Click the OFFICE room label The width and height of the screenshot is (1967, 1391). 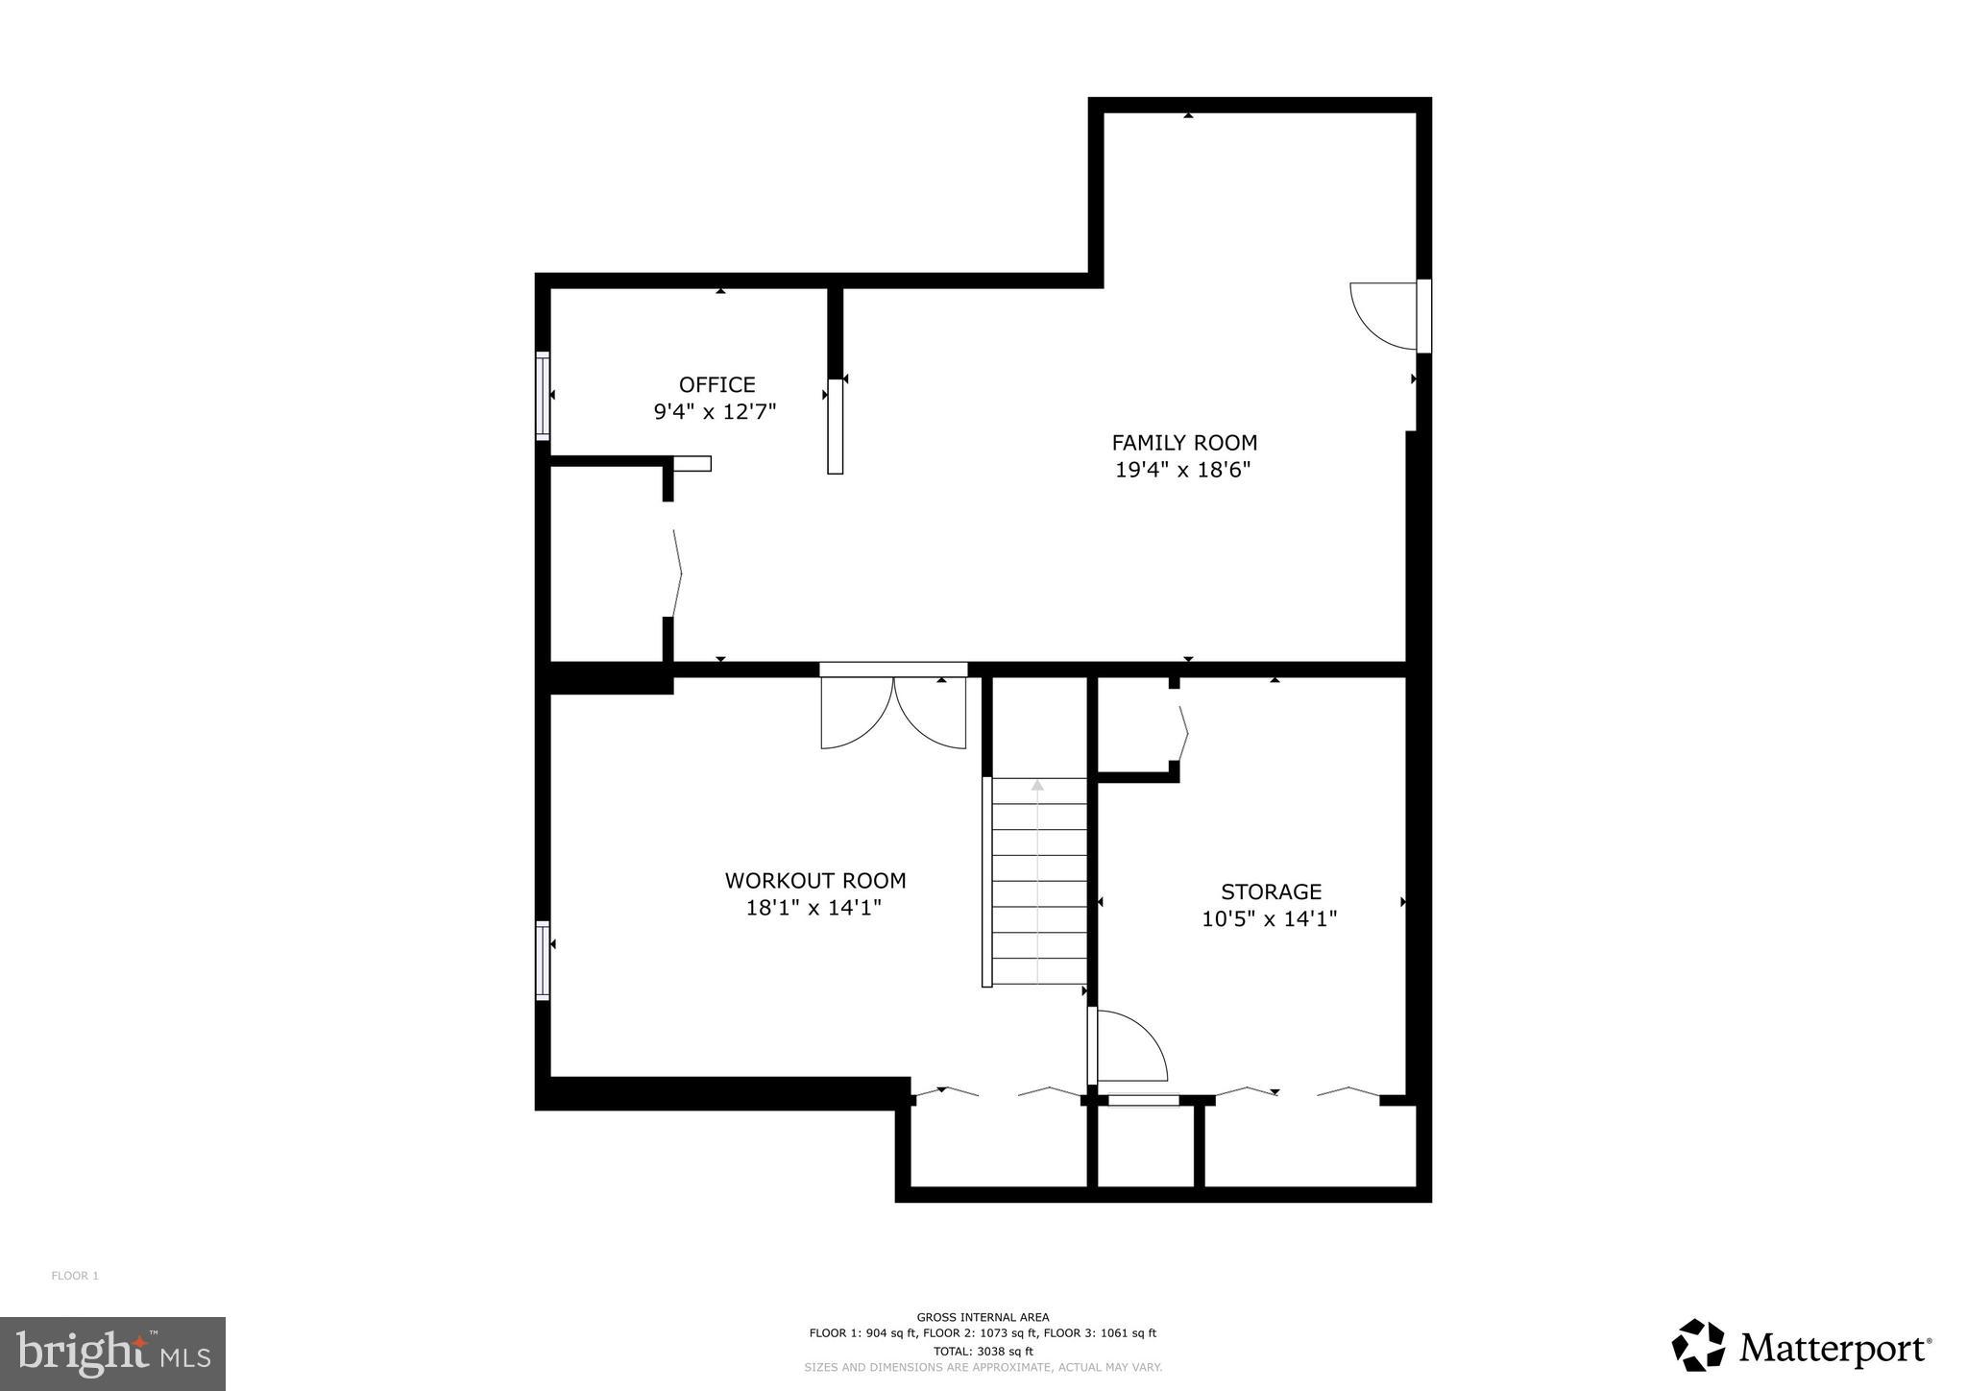716,385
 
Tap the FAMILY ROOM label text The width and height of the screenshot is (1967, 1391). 1183,443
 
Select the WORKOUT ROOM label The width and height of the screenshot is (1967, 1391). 814,881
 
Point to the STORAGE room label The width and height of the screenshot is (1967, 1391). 1271,891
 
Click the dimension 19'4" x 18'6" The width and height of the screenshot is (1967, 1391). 1182,471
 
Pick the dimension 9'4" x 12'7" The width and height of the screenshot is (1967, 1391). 715,412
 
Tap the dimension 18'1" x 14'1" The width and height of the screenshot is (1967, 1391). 814,908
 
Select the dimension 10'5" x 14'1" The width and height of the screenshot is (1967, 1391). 1269,919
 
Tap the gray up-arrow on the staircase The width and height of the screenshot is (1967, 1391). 1037,786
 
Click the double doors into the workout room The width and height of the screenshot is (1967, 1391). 893,711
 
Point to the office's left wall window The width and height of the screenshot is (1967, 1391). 543,396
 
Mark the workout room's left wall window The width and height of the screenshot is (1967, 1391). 543,961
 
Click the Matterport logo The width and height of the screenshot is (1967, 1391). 1801,1348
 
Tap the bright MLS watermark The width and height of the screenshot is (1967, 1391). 112,1354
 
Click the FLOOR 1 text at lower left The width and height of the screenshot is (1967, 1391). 75,1276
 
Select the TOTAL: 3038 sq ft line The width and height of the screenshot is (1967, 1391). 983,1351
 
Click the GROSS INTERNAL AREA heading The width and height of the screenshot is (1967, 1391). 983,1317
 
